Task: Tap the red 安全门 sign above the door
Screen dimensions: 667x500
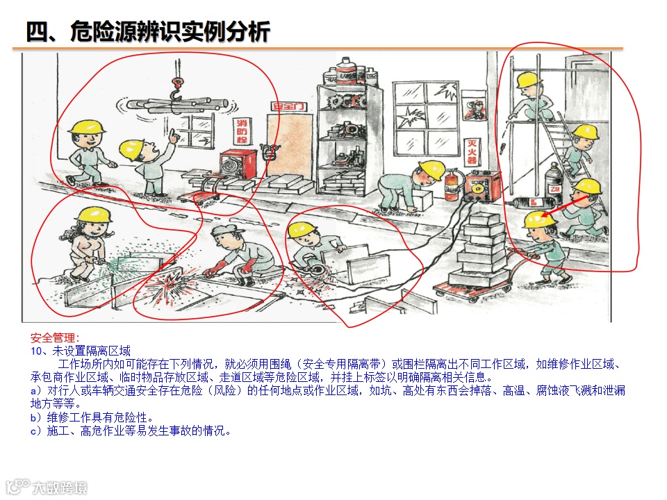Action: pyautogui.click(x=289, y=106)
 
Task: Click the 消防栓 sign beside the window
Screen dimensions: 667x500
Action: pyautogui.click(x=242, y=131)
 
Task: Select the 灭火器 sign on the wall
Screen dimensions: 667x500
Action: pyautogui.click(x=472, y=152)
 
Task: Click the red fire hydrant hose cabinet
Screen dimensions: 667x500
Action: pyautogui.click(x=238, y=164)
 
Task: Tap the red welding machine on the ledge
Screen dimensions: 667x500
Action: pyautogui.click(x=484, y=186)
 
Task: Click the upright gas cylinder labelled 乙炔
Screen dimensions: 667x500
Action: pyautogui.click(x=554, y=181)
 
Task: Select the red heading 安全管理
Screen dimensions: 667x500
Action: pyautogui.click(x=55, y=338)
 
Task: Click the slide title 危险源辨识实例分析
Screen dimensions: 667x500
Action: pyautogui.click(x=170, y=31)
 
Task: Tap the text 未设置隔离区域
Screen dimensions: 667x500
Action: pyautogui.click(x=92, y=351)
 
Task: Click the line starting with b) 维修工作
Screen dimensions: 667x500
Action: pyautogui.click(x=92, y=417)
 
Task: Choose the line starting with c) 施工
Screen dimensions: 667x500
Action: pyautogui.click(x=131, y=431)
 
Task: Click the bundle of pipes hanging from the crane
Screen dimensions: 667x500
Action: pyautogui.click(x=176, y=105)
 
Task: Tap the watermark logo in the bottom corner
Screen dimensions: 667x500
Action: pyautogui.click(x=46, y=486)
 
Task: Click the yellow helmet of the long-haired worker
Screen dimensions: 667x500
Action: pyautogui.click(x=97, y=215)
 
